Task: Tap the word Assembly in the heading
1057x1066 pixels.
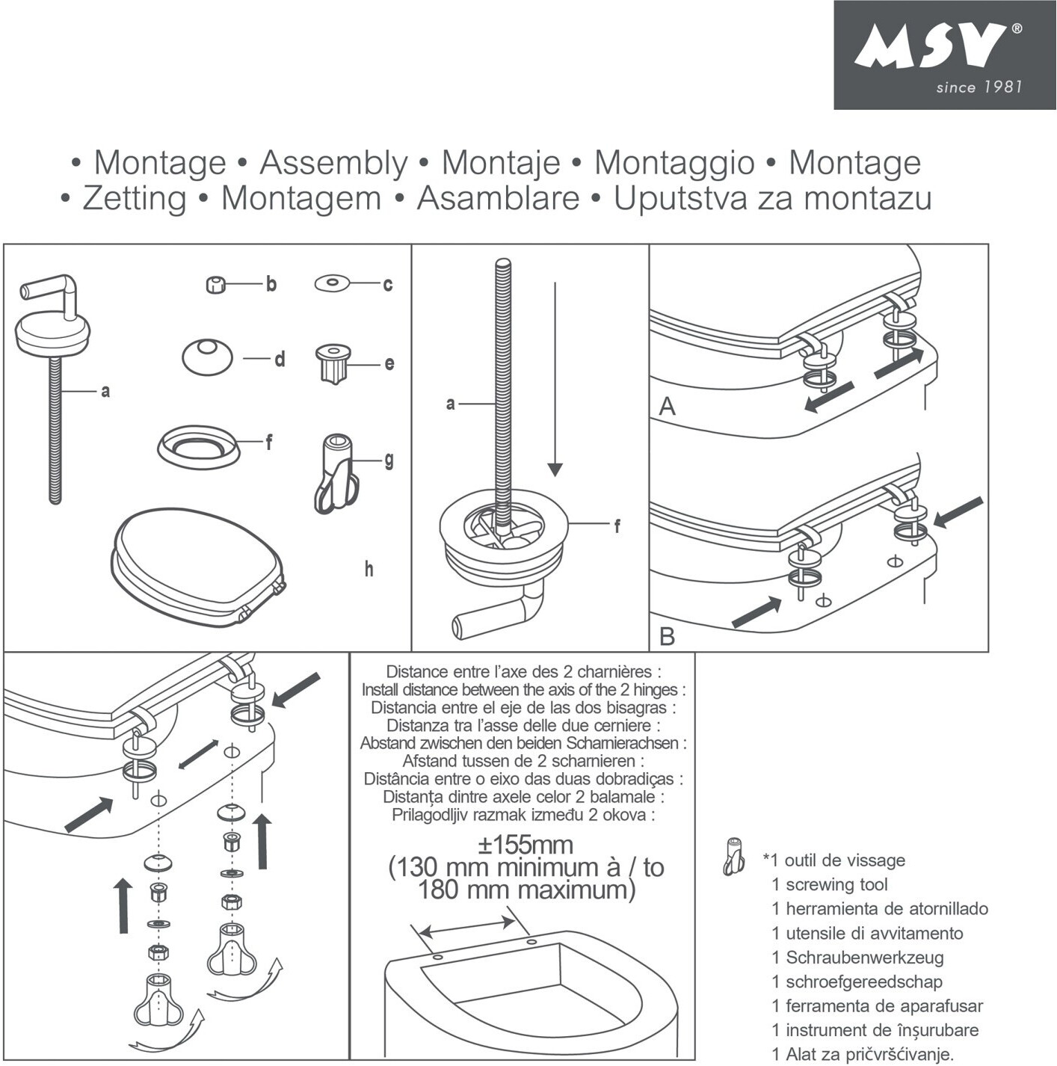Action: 334,163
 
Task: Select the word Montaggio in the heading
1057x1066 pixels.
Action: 674,163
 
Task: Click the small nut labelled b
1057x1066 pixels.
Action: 215,285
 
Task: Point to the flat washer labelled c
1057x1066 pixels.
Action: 331,283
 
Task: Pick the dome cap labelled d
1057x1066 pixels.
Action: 207,357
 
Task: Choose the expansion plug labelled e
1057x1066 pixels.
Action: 333,362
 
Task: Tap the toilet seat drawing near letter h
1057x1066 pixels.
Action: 198,562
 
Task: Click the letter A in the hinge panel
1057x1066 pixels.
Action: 667,407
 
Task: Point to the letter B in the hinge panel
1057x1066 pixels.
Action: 667,636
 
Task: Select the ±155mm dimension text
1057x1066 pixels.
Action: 526,845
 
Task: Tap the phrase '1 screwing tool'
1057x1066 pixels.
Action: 830,885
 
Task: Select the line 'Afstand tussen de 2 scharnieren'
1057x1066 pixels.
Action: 523,761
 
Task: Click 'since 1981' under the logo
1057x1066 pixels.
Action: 979,87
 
